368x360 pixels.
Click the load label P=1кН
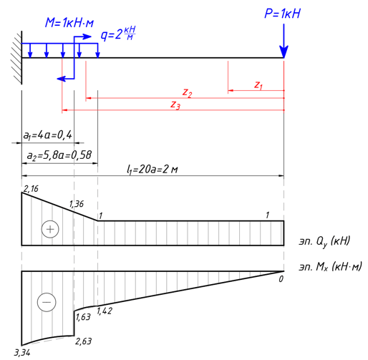click(x=282, y=14)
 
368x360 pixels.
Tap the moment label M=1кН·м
click(x=69, y=23)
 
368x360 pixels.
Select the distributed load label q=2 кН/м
click(x=118, y=34)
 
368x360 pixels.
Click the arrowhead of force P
click(x=284, y=52)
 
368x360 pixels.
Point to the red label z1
click(x=258, y=85)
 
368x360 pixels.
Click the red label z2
click(x=188, y=93)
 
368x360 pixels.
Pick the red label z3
click(x=175, y=105)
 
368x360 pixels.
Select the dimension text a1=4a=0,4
click(x=47, y=135)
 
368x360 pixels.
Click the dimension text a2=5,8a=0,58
click(x=59, y=155)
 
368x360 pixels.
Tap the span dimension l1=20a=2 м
click(x=152, y=170)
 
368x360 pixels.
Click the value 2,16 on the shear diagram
click(x=31, y=189)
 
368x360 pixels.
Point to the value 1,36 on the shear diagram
click(x=77, y=204)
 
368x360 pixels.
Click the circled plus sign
click(x=50, y=229)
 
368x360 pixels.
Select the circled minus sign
click(x=47, y=302)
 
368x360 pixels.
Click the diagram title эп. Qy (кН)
click(x=324, y=241)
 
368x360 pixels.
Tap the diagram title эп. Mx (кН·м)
click(x=331, y=266)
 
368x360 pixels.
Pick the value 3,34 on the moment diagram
click(x=22, y=353)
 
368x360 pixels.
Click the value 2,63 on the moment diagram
click(x=83, y=341)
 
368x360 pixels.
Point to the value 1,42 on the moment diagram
click(x=105, y=311)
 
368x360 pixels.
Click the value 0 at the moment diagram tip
click(x=281, y=279)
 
